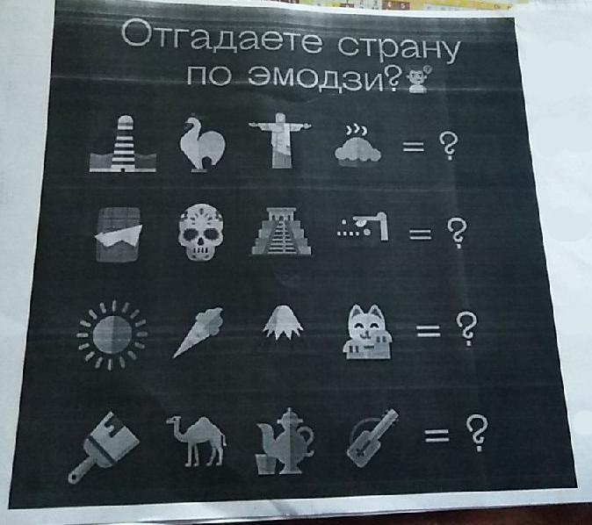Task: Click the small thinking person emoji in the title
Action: coord(417,79)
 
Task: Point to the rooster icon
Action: coord(202,144)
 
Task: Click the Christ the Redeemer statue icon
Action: coord(280,140)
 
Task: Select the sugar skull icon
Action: coord(200,232)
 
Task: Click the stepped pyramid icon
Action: coord(281,231)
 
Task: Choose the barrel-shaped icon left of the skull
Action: coord(119,234)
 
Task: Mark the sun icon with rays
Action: coord(112,334)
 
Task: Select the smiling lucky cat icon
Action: coord(367,332)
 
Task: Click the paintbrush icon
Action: coord(104,447)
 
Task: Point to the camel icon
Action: coord(197,440)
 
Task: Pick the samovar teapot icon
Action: coord(285,441)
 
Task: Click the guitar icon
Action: coord(372,439)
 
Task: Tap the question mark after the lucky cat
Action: coord(466,329)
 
